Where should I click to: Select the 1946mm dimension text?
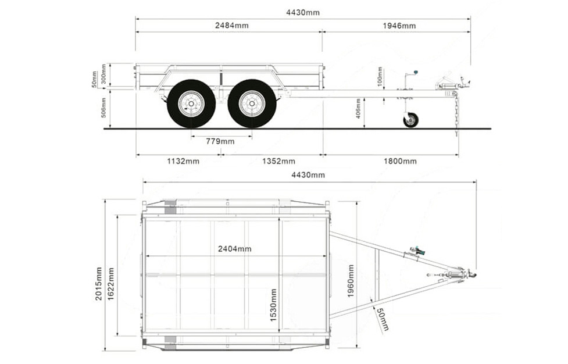[x=399, y=26]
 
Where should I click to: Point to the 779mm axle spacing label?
[x=220, y=141]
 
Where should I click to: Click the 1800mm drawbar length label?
[x=399, y=161]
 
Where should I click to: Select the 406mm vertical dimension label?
[x=359, y=109]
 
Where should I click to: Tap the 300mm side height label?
[x=104, y=74]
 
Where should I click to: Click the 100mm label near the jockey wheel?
[x=380, y=77]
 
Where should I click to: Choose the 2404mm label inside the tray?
[x=234, y=249]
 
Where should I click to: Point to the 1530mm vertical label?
[x=273, y=305]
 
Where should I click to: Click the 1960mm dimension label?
[x=351, y=281]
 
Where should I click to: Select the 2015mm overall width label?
[x=99, y=284]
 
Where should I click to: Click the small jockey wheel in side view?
[x=410, y=120]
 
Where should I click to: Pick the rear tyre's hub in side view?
[x=191, y=104]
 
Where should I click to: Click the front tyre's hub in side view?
[x=252, y=104]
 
